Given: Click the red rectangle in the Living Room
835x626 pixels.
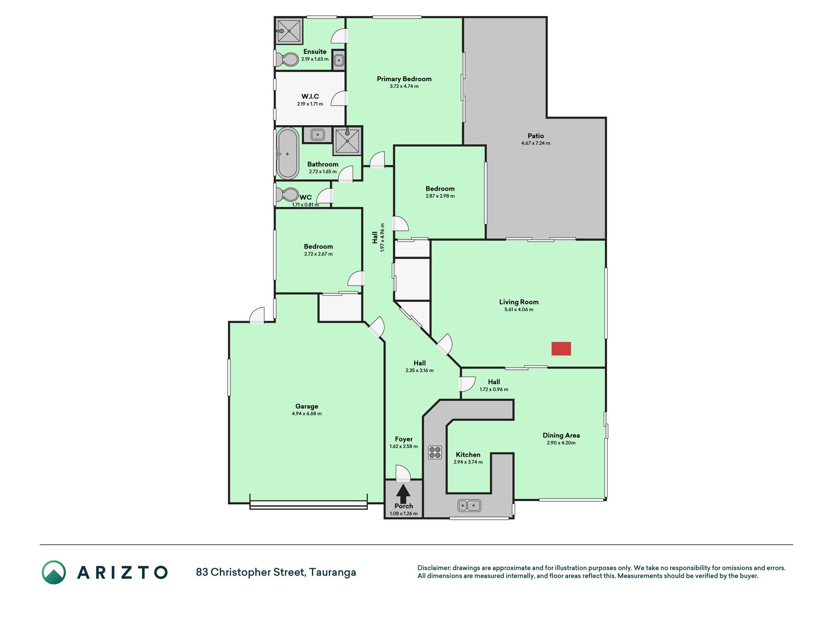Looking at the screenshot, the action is click(x=561, y=348).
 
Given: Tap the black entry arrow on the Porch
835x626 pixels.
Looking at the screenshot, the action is click(x=403, y=493).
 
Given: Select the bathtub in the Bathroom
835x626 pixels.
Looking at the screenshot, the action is click(x=288, y=154).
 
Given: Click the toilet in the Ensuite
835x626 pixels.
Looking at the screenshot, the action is click(x=286, y=60).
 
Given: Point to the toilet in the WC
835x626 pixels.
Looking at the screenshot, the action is click(x=287, y=195).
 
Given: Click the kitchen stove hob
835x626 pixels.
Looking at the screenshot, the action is click(x=435, y=452).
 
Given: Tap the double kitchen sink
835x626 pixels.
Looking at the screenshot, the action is click(x=470, y=505).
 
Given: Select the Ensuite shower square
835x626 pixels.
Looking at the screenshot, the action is click(x=289, y=31).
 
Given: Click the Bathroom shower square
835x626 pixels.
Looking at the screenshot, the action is click(x=347, y=141).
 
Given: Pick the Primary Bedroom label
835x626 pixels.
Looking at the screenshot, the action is click(x=404, y=79).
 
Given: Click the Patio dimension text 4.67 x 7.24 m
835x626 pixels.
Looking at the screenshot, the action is click(x=536, y=143).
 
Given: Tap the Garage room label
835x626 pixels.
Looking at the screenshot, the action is click(x=307, y=406).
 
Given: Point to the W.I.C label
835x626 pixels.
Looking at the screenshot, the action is click(x=310, y=96).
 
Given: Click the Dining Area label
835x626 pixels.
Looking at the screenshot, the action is click(x=561, y=435).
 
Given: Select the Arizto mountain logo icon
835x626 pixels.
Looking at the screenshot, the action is click(x=54, y=572).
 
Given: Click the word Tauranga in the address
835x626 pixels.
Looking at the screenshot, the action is click(x=333, y=572).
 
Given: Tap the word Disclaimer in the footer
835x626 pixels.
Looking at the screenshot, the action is click(x=433, y=568).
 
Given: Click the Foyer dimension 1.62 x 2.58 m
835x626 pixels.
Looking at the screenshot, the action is click(x=404, y=447).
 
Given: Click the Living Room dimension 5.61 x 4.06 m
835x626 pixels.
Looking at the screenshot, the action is click(x=519, y=310).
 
